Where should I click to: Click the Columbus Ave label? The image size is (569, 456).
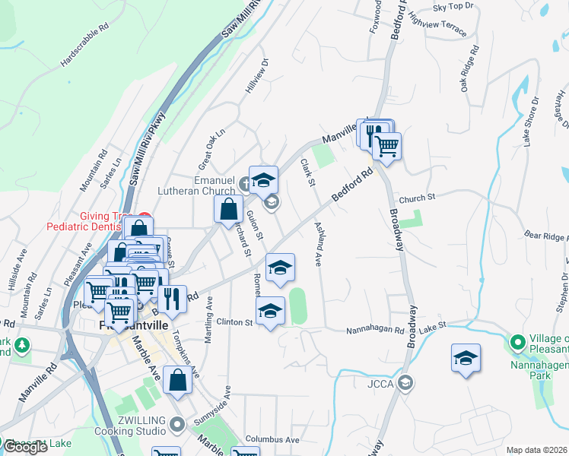point(272,440)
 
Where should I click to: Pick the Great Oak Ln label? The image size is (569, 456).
point(212,142)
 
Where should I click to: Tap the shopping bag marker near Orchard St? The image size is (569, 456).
point(228,208)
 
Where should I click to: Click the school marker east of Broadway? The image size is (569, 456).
point(466,357)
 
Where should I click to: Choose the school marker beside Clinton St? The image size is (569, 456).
point(270,311)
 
